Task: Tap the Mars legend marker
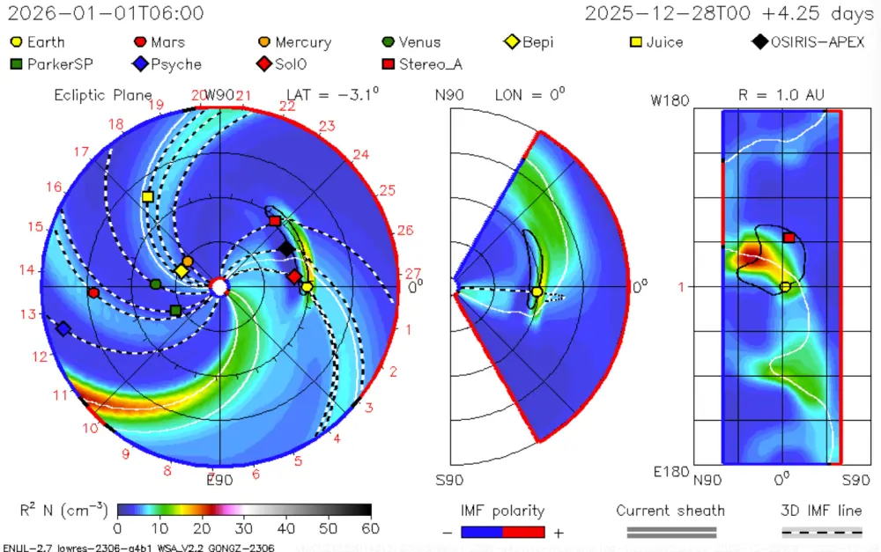click(x=139, y=41)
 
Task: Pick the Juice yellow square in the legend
click(x=636, y=41)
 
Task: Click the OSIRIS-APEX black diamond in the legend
click(x=759, y=41)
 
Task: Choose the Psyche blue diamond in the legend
click(x=139, y=64)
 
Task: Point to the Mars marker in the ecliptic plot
click(x=93, y=292)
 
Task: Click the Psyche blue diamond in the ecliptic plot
click(x=63, y=328)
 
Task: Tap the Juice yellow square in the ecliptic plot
click(x=147, y=196)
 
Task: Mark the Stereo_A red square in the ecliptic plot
click(x=275, y=221)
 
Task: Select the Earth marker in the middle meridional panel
click(x=537, y=291)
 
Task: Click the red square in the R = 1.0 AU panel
click(x=789, y=238)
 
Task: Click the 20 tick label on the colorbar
click(x=202, y=528)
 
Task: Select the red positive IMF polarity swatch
click(x=524, y=532)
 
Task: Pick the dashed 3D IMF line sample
click(x=822, y=532)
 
